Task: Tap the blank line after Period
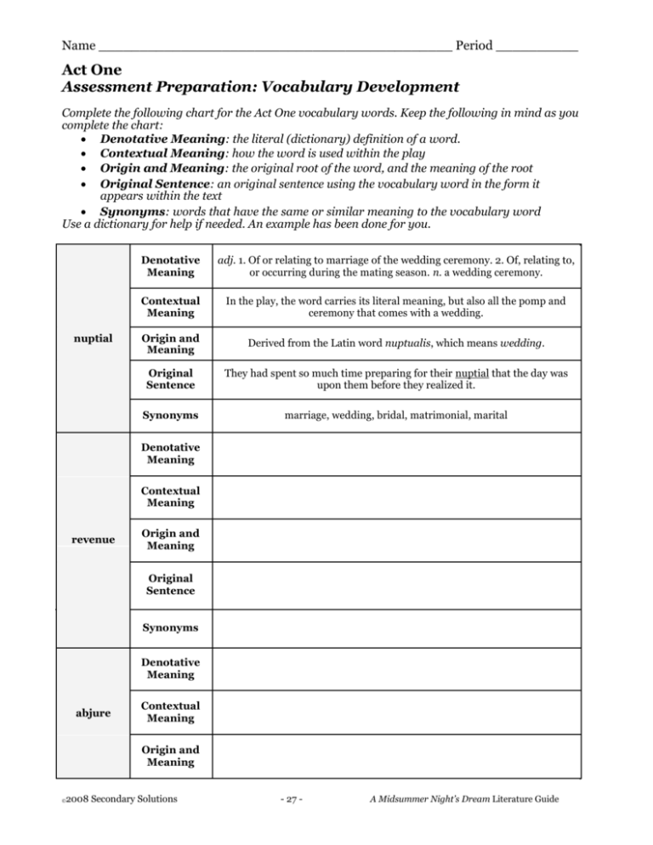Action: [x=537, y=46]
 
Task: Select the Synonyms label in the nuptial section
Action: [x=171, y=417]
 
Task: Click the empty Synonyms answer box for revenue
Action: [x=395, y=628]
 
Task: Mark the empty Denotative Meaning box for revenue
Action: [x=395, y=453]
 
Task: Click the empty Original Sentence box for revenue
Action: [x=395, y=583]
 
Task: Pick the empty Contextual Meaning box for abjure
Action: [x=395, y=712]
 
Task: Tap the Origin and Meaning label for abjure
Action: [x=171, y=756]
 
